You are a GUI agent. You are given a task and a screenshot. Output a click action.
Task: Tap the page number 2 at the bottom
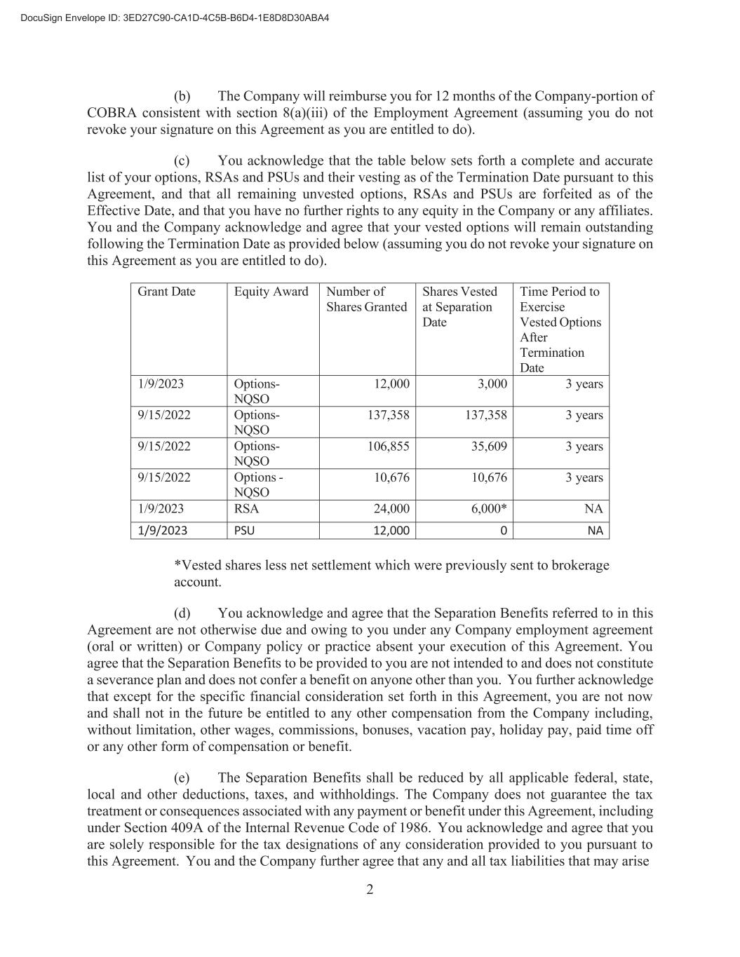click(370, 890)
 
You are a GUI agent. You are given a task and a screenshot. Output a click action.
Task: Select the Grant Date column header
click(166, 292)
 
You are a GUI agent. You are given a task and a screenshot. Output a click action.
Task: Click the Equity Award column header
click(271, 292)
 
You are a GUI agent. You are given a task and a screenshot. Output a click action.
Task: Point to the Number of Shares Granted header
click(366, 299)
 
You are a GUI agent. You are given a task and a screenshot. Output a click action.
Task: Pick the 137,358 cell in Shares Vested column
click(485, 415)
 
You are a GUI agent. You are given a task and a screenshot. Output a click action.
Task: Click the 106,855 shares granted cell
click(389, 447)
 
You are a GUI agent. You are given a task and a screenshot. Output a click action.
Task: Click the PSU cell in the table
click(244, 531)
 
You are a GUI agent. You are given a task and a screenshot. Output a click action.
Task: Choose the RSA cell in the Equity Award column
click(246, 509)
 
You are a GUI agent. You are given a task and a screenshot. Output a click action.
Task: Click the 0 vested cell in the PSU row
click(503, 531)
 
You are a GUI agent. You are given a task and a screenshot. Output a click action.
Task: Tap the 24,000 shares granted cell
click(391, 509)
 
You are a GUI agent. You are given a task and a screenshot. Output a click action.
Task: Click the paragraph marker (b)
click(182, 96)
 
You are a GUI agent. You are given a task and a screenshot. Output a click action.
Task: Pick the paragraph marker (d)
click(182, 613)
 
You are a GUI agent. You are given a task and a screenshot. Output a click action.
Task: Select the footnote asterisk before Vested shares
click(177, 565)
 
